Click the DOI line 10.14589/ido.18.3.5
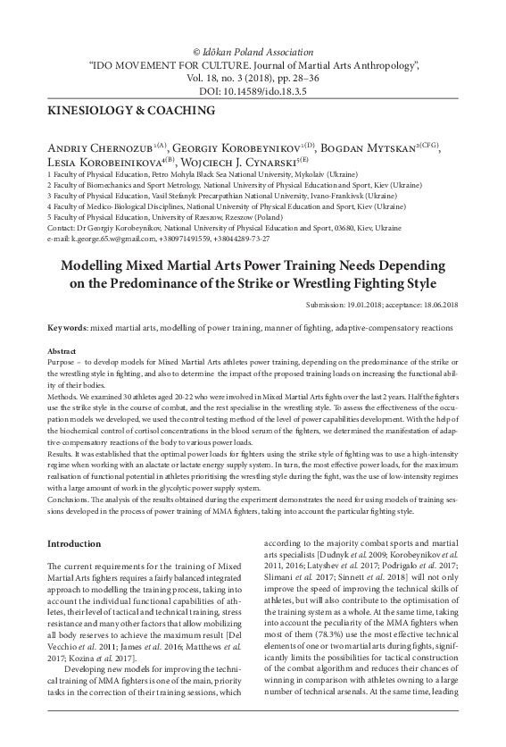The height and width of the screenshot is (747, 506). click(x=253, y=90)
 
